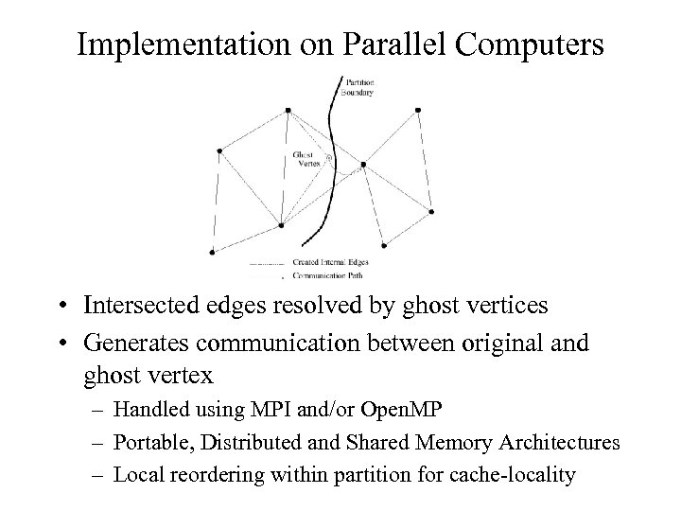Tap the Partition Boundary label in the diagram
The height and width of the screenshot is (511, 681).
tap(359, 88)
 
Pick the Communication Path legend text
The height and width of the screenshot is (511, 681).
tap(327, 275)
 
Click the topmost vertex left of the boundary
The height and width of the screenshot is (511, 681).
tap(288, 111)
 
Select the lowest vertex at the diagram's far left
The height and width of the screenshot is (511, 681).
tap(212, 251)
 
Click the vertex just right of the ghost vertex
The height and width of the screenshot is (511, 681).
tap(364, 165)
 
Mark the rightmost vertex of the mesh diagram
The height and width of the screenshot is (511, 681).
tap(431, 210)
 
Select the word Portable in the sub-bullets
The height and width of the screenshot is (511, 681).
tap(146, 443)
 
